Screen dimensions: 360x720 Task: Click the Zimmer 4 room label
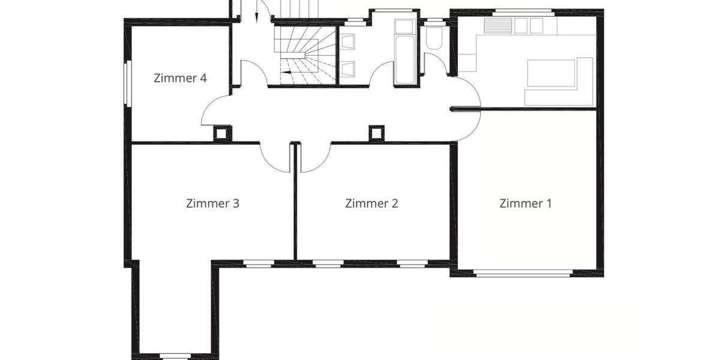point(180,78)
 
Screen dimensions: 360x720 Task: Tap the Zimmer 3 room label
point(212,203)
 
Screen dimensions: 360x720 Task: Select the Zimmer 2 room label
point(371,203)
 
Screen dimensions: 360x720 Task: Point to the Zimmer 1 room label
point(526,203)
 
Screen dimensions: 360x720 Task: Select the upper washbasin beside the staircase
point(348,42)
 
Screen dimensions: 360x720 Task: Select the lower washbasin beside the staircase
point(348,69)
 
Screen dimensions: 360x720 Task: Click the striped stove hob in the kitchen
point(498,25)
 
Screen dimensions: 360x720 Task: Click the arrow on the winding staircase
point(287,71)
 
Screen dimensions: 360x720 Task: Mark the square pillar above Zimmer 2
point(376,133)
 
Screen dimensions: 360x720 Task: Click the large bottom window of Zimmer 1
point(522,274)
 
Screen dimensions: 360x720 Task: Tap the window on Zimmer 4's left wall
point(127,83)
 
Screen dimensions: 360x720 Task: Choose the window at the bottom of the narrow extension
point(175,355)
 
